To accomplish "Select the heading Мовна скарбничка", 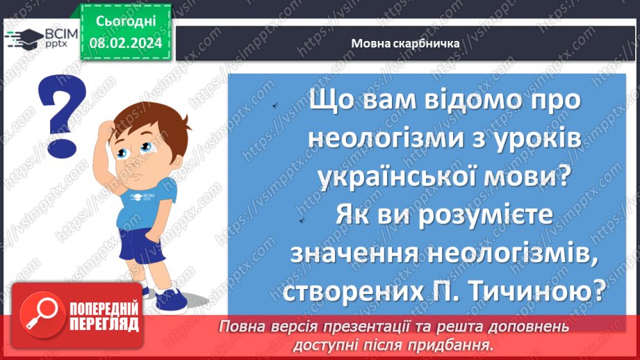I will [x=406, y=43].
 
